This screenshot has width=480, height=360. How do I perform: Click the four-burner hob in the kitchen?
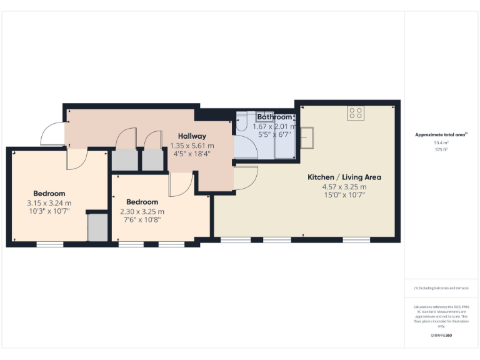point(356,113)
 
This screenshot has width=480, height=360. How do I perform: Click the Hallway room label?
point(192,136)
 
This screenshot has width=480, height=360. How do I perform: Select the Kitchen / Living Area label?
point(344,177)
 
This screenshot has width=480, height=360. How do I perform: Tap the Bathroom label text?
point(275,117)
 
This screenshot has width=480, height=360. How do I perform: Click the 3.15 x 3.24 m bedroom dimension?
point(49,203)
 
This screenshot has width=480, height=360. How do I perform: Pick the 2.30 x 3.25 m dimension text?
point(142,212)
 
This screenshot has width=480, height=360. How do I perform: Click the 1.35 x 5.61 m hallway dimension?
point(192,146)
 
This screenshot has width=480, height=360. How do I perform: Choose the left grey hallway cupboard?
point(124,160)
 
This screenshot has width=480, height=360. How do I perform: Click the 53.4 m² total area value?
point(441,143)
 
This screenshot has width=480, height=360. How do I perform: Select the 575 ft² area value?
point(441,150)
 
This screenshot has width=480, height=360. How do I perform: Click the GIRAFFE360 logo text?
point(441,336)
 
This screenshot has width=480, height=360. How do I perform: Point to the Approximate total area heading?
point(441,134)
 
